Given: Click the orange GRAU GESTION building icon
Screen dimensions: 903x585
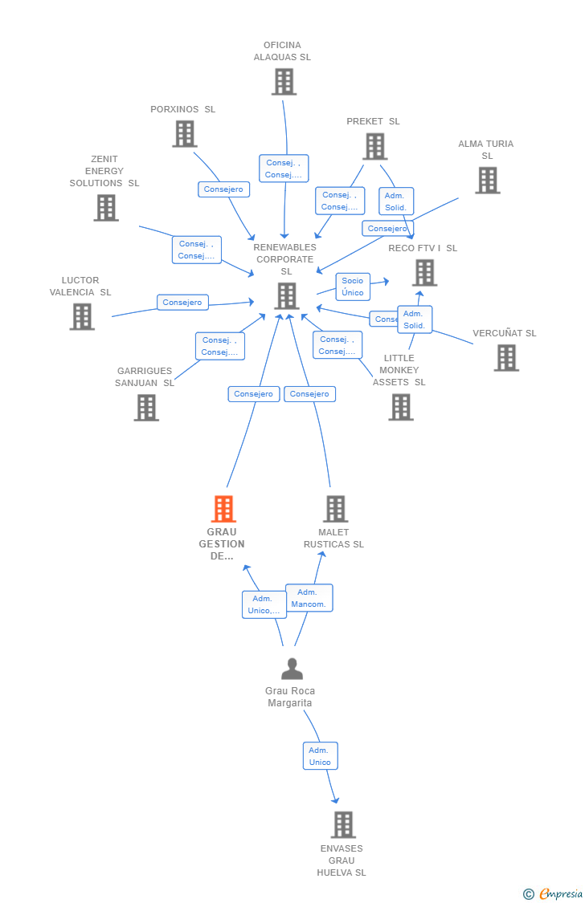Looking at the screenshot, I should (223, 509).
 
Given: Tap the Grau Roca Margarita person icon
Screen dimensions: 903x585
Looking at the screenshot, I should (292, 669).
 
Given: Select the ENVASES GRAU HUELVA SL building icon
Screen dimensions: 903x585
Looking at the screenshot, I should (343, 824).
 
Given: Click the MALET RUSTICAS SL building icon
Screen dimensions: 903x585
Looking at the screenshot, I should (335, 509).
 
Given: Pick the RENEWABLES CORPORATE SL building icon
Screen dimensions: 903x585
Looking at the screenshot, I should (287, 296).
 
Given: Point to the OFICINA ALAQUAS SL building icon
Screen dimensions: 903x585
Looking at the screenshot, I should (284, 82).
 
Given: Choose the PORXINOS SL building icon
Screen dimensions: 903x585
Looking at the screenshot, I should (185, 134).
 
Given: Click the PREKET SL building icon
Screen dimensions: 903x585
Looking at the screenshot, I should (374, 147).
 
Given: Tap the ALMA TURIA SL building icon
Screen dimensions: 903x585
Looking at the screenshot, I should (487, 181).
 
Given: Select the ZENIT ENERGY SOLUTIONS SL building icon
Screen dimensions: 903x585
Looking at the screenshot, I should (106, 208).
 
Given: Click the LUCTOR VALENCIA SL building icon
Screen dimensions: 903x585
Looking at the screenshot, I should (82, 317).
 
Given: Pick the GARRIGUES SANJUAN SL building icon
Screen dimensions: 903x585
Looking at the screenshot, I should (146, 408).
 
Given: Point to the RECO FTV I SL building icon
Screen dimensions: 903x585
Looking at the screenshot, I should (424, 273).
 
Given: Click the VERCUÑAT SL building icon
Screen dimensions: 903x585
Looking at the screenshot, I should (506, 358).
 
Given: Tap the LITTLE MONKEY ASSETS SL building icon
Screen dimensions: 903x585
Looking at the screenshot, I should (400, 407).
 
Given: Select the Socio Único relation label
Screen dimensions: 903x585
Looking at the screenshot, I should (353, 287).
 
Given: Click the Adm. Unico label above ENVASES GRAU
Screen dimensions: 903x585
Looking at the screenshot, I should (320, 756).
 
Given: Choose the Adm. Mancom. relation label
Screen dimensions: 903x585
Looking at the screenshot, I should (309, 598).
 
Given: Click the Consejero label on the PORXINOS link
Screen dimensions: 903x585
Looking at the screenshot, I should (223, 189).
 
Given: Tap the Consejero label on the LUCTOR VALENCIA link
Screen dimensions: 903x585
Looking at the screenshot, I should (182, 303).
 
